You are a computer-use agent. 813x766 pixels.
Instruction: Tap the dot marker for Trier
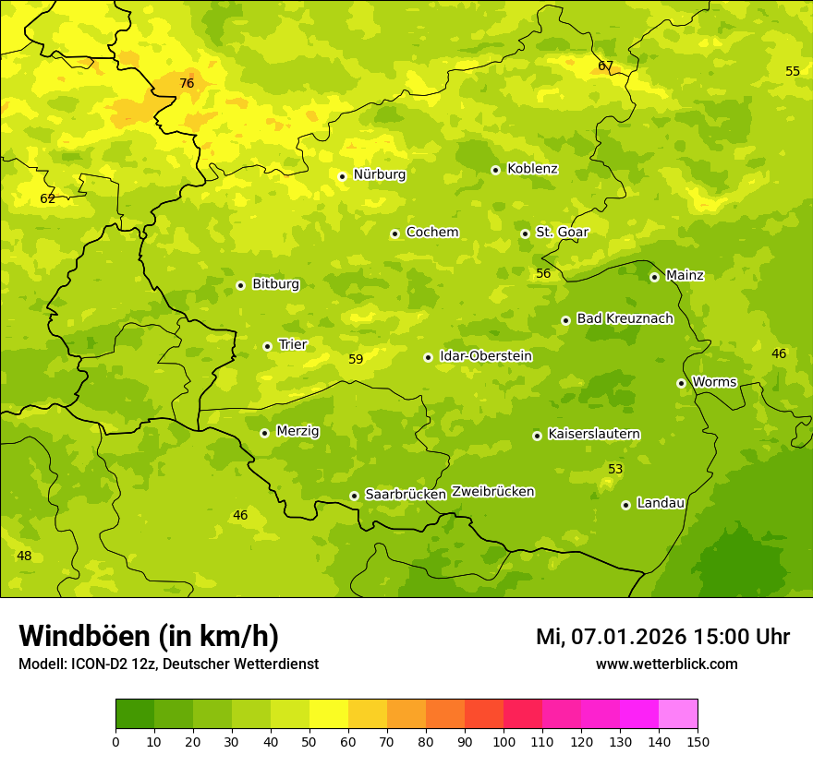[x=268, y=346]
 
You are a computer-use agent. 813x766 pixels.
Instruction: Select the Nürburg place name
[x=379, y=174]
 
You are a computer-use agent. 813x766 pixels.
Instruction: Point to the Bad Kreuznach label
[x=625, y=318]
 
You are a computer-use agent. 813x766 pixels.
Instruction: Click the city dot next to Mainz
[x=654, y=277]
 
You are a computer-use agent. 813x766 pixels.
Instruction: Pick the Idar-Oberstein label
[x=486, y=356]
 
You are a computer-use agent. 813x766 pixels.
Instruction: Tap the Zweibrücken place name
[x=492, y=492]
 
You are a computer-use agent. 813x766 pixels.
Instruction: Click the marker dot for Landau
[x=625, y=505]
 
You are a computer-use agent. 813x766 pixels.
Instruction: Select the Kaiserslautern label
[x=594, y=434]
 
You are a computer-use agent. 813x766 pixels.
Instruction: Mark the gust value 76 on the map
[x=187, y=84]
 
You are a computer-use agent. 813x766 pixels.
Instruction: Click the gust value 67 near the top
[x=605, y=66]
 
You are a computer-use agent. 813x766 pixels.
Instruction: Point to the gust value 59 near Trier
[x=356, y=360]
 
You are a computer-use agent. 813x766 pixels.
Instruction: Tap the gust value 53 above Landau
[x=615, y=470]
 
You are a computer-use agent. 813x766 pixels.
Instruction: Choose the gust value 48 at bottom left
[x=24, y=556]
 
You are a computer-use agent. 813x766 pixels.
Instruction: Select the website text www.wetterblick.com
[x=666, y=664]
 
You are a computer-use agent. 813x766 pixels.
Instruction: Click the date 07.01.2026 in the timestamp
[x=628, y=637]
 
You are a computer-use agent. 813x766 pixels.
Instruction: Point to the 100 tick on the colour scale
[x=504, y=741]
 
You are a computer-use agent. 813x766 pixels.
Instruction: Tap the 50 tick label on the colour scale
[x=309, y=741]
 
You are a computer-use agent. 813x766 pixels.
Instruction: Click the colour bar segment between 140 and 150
[x=678, y=714]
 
